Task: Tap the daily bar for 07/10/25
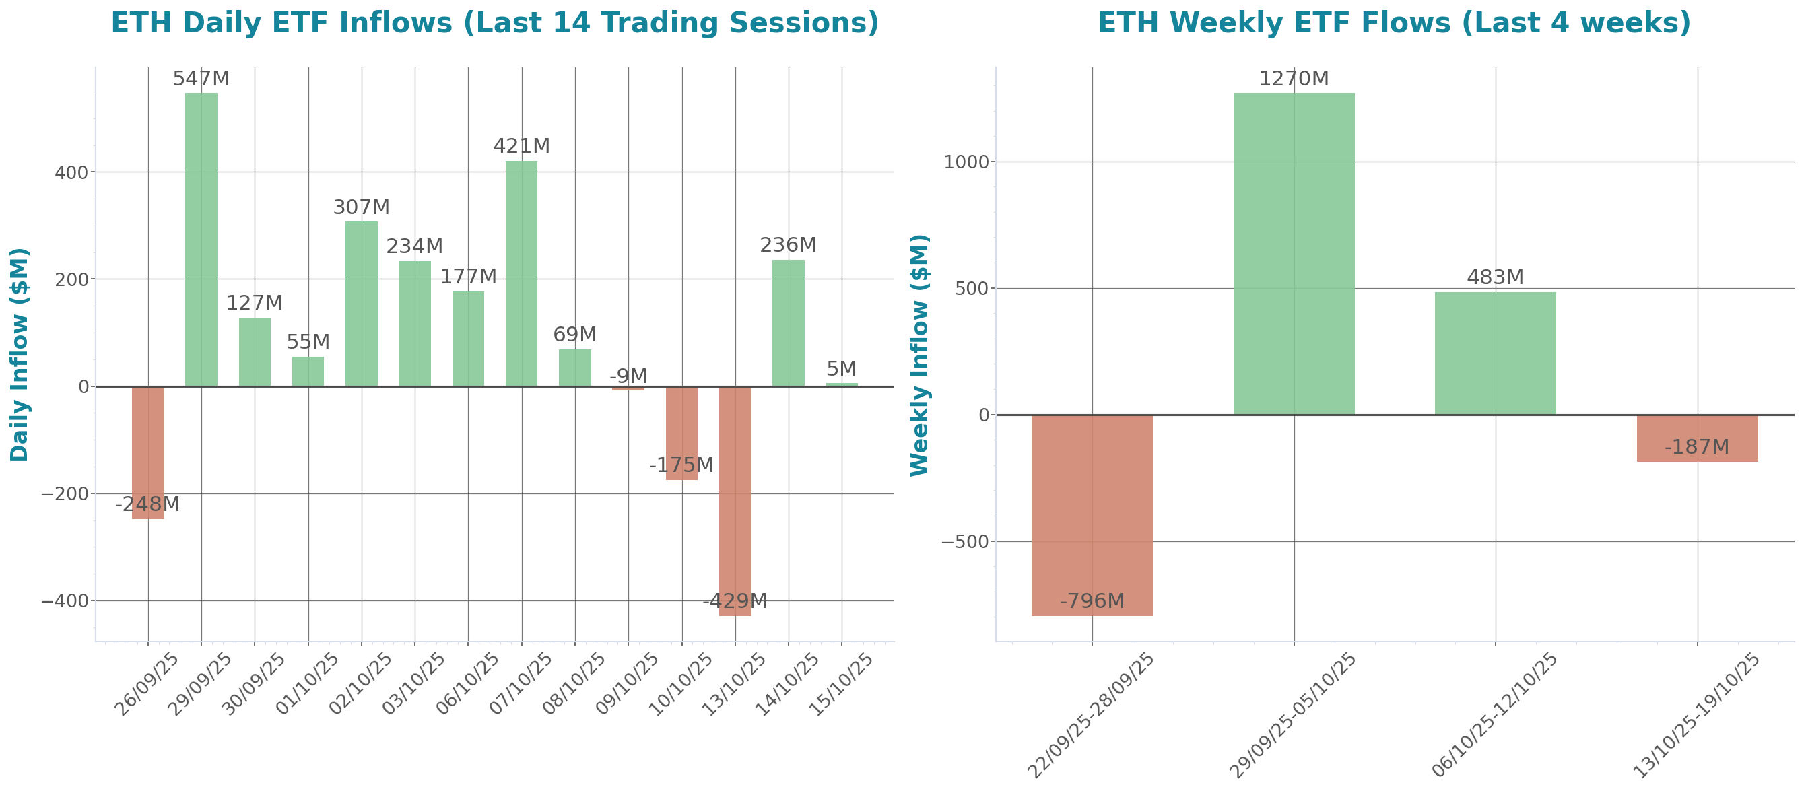521,273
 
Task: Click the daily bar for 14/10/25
788,322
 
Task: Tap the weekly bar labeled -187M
1697,438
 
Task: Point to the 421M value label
521,146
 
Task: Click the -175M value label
681,465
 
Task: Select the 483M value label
1494,277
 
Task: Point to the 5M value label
841,369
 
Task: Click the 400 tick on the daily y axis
71,172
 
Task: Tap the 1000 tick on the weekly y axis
967,162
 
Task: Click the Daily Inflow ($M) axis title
20,354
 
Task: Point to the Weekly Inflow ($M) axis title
918,354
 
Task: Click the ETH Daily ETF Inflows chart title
494,23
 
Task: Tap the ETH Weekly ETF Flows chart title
1394,23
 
